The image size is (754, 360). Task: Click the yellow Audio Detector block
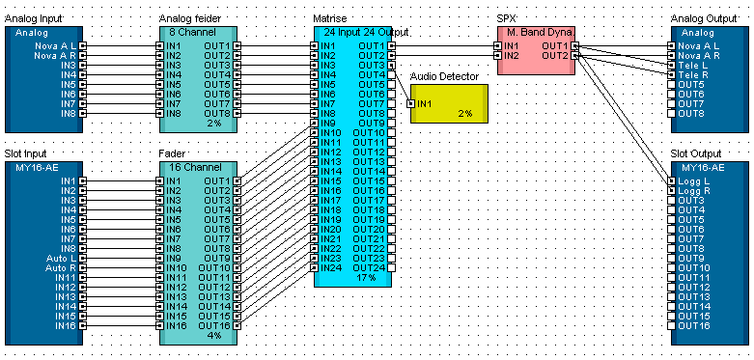449,104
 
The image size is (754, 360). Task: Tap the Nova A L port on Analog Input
83,46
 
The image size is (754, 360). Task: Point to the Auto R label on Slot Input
61,267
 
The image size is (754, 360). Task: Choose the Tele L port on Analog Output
671,66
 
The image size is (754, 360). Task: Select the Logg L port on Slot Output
671,181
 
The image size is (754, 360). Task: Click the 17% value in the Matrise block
366,277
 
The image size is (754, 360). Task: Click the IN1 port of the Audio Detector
410,104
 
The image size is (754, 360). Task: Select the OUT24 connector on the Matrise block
391,267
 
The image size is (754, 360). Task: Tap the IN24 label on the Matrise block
331,267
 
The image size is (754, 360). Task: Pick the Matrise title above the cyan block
330,18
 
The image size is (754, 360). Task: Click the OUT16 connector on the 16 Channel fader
237,325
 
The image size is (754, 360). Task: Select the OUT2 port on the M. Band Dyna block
575,56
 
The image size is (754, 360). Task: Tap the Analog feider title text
190,18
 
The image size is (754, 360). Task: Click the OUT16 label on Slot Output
694,326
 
